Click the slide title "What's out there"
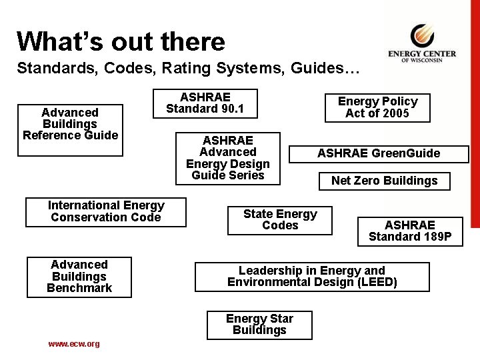(121, 41)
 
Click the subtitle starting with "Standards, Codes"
(188, 68)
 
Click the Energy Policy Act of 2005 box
(377, 107)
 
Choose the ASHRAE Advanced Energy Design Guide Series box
(227, 158)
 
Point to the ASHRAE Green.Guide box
(378, 153)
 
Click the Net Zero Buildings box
(384, 181)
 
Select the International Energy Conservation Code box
(105, 211)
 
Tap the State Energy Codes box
(279, 220)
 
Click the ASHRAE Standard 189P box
(409, 231)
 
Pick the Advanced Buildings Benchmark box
(79, 277)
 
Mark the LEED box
(311, 277)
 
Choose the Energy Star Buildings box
(259, 325)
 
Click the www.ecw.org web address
(73, 344)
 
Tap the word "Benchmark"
(79, 288)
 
